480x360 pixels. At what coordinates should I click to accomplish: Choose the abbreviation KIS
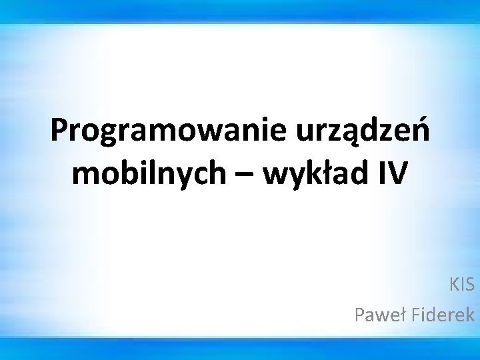tap(462, 285)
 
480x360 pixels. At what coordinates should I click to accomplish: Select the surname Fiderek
tap(439, 314)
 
